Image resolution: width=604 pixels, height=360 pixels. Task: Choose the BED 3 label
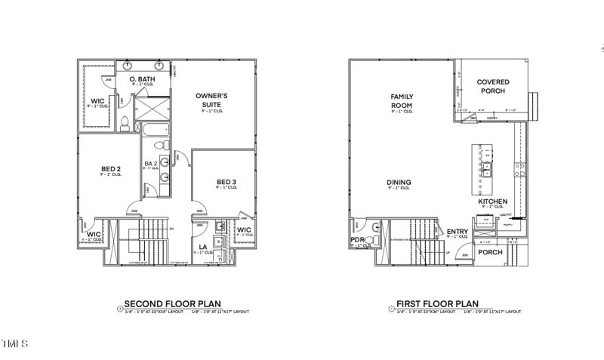click(226, 182)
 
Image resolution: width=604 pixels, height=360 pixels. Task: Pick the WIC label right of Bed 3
click(244, 230)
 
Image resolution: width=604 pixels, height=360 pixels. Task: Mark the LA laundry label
click(202, 247)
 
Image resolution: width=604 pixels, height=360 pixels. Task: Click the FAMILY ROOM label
click(399, 101)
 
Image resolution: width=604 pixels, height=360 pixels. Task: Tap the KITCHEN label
click(492, 202)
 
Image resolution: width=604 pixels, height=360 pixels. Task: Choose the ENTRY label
click(458, 232)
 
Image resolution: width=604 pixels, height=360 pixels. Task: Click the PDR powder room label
click(356, 242)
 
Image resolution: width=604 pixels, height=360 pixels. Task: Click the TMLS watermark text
click(14, 344)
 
